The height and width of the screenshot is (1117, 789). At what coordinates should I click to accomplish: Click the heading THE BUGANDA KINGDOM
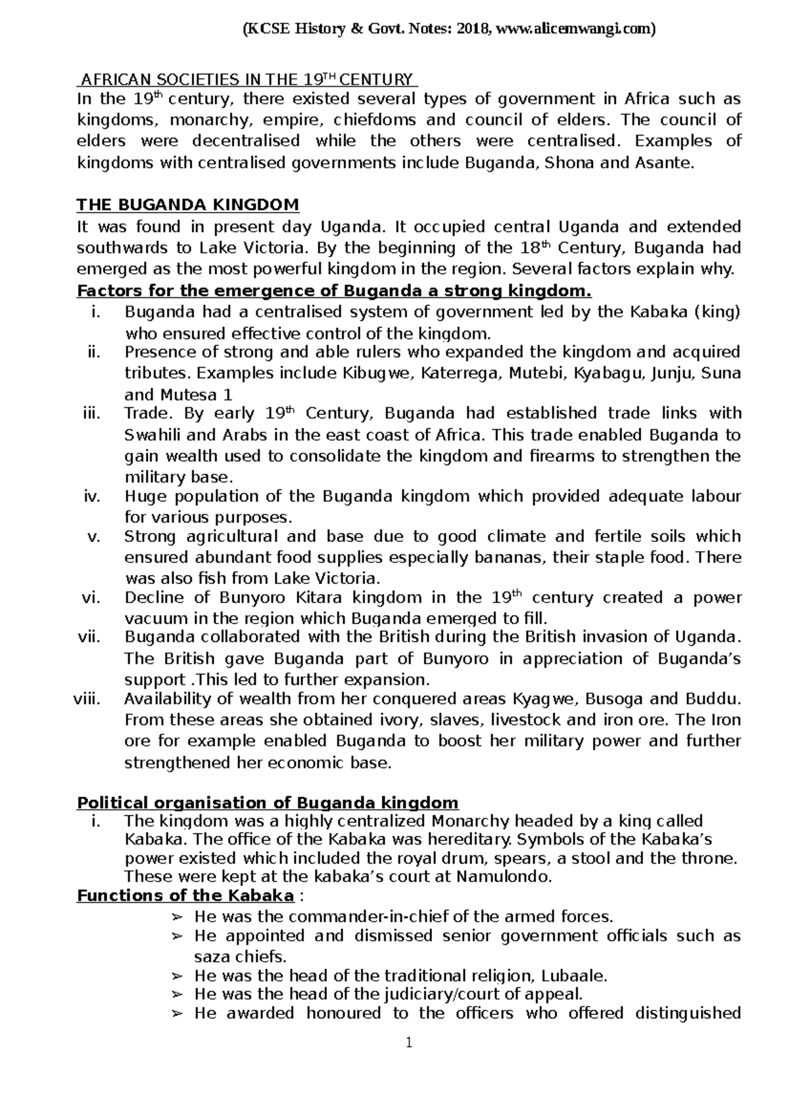coord(188,205)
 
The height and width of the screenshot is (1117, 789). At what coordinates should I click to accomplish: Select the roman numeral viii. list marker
coord(87,699)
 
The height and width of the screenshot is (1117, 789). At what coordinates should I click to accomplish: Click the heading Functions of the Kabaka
coord(185,895)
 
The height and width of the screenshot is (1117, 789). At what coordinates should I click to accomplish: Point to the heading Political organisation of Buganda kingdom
coord(268,803)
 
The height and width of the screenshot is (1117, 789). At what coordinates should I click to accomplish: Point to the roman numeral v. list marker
coord(92,536)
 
